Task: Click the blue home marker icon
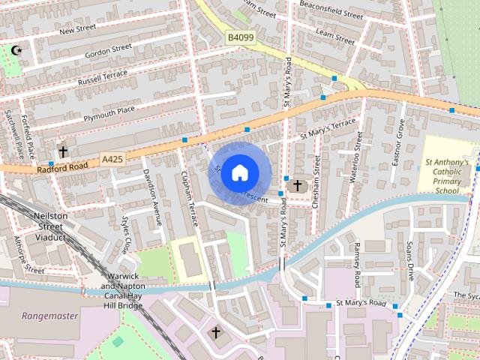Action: (x=238, y=172)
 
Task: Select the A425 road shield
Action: (x=111, y=159)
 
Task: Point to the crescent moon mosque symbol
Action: (x=14, y=51)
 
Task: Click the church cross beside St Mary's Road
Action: (x=297, y=185)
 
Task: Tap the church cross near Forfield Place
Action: (x=63, y=152)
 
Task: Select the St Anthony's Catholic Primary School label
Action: (x=447, y=176)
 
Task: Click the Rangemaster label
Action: (x=49, y=316)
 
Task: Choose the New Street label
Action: (x=77, y=30)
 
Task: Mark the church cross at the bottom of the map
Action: (x=216, y=331)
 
